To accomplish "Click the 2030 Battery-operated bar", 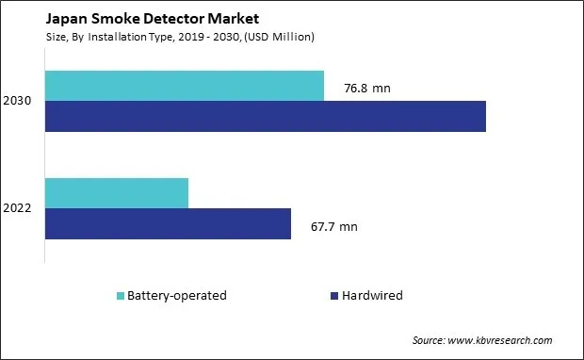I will pos(184,85).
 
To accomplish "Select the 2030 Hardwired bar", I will pos(265,116).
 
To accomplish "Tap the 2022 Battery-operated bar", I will pos(116,192).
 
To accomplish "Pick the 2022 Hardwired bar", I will pos(167,223).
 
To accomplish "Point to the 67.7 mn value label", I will pos(333,227).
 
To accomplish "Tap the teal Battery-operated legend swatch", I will pos(120,296).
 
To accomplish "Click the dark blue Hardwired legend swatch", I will pos(334,296).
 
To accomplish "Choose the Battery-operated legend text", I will pos(177,296).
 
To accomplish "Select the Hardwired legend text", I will pos(373,296).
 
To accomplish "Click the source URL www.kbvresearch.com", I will pos(501,340).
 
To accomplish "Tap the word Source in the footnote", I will pos(429,340).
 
